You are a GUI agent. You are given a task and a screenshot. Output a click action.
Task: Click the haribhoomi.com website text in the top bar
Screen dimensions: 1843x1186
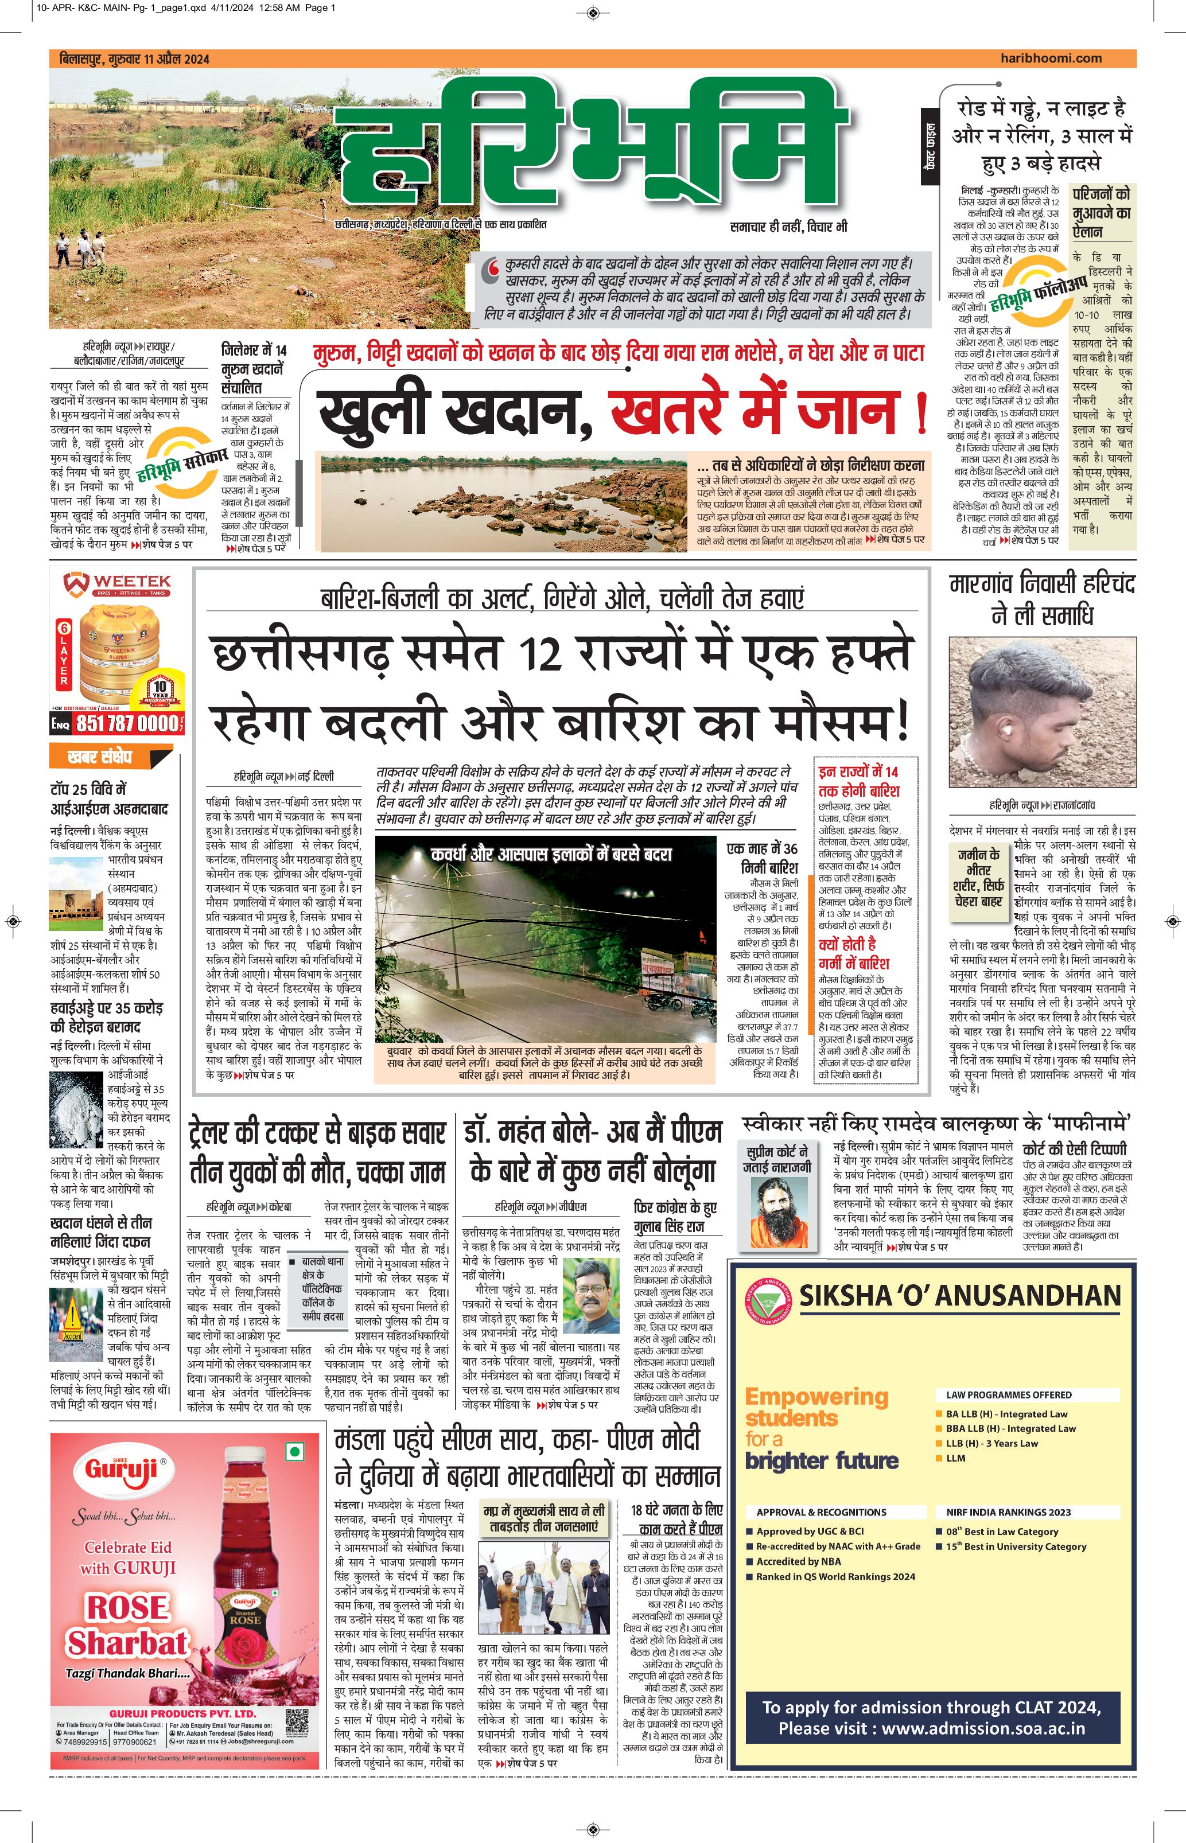point(1051,58)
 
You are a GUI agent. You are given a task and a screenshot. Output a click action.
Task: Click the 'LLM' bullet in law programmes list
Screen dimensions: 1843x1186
point(956,1458)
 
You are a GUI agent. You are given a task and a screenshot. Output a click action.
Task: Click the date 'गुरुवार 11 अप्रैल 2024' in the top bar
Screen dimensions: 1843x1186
point(158,59)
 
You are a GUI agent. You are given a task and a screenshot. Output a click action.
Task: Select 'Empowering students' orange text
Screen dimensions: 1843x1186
point(816,1407)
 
